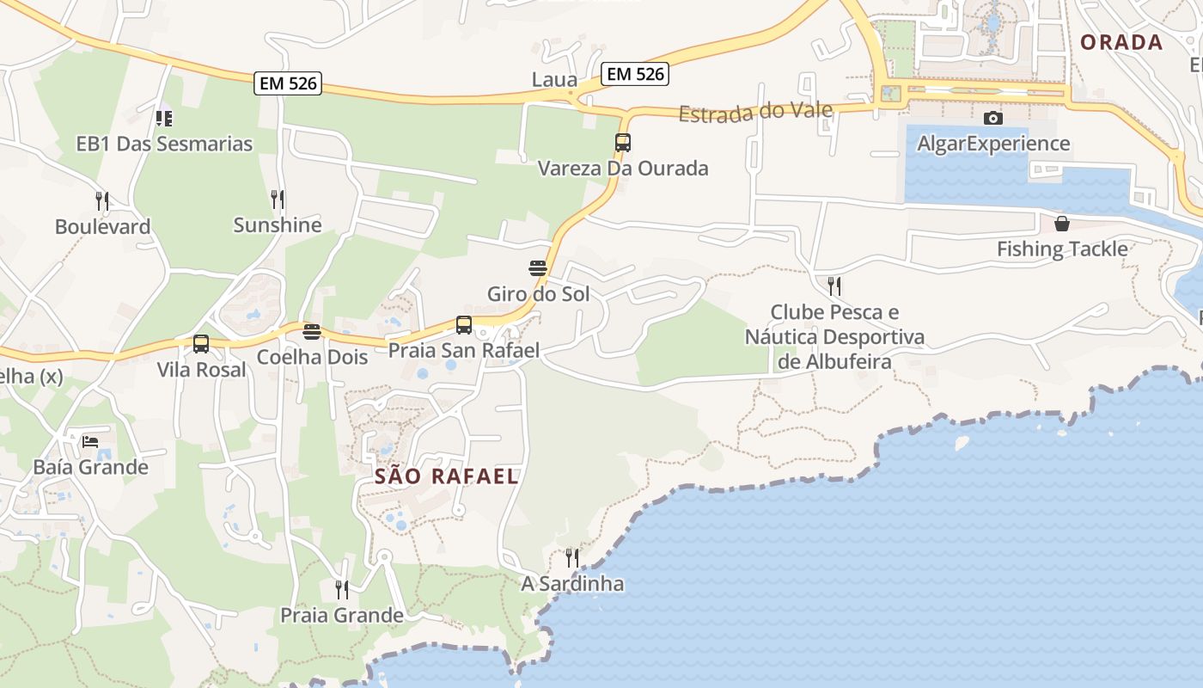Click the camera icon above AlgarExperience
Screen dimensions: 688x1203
(993, 118)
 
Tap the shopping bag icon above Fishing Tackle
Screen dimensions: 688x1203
(1062, 224)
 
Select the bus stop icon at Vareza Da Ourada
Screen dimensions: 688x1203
(623, 143)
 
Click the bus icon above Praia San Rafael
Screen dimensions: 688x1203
(464, 325)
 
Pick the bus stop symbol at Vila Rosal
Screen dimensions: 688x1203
(201, 344)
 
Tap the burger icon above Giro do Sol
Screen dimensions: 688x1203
(538, 268)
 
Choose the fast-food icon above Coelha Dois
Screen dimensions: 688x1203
(312, 332)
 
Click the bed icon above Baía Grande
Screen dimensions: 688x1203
(90, 443)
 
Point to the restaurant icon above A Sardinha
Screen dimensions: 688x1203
(572, 558)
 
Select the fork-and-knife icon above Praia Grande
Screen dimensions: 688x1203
(342, 590)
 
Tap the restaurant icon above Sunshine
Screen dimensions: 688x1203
(278, 200)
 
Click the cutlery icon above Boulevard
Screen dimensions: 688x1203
(102, 201)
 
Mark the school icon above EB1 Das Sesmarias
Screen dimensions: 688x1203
(164, 119)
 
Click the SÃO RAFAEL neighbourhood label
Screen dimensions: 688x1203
(447, 476)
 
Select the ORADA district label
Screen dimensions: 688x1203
(1121, 42)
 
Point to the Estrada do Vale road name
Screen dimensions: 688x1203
(755, 112)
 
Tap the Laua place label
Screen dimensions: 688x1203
(554, 80)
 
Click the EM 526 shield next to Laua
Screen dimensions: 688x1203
(635, 74)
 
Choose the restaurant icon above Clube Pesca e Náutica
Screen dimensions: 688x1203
(834, 286)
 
